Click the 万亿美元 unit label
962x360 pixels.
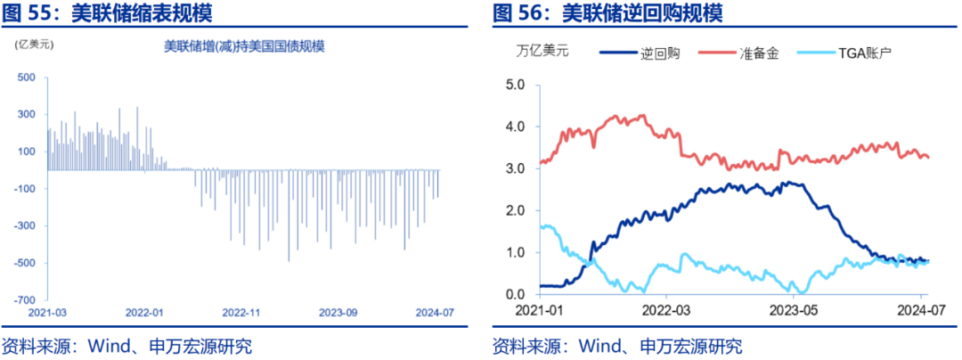pyautogui.click(x=542, y=52)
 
